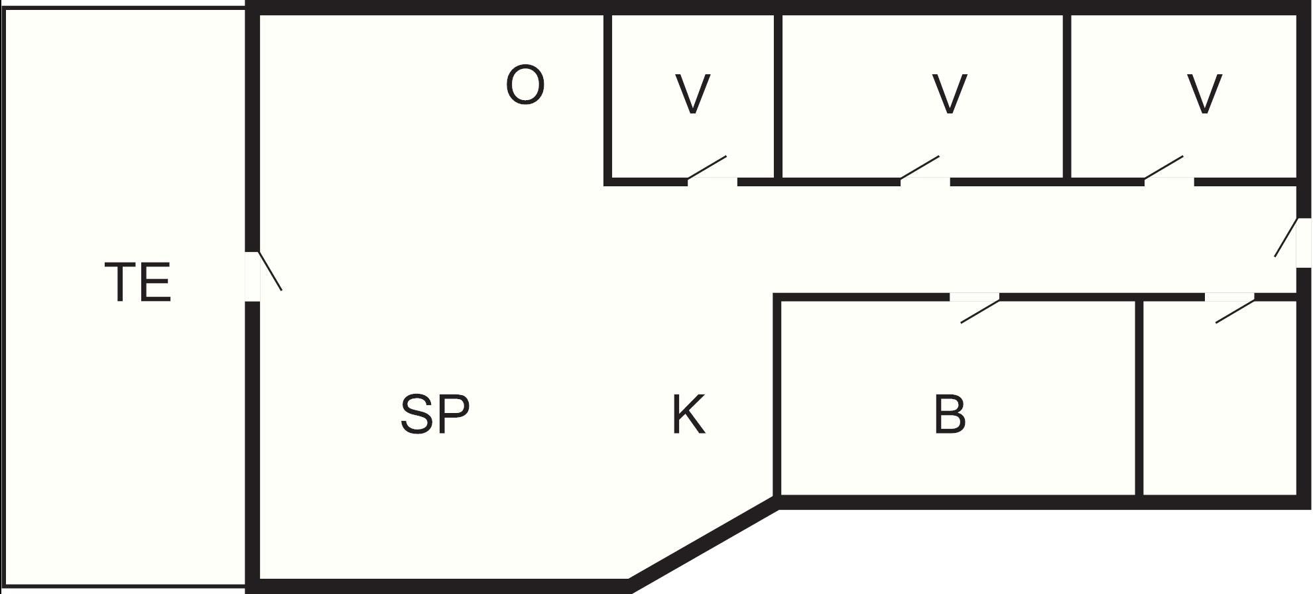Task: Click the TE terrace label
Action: [138, 282]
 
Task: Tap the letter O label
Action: [525, 85]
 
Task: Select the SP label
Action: [435, 414]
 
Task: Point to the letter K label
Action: [689, 414]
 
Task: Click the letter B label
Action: [950, 414]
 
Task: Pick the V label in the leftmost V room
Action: [692, 93]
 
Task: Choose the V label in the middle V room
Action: [949, 93]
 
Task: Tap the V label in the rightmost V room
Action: [1204, 93]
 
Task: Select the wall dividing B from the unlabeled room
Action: [1139, 398]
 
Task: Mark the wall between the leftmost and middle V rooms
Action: [779, 96]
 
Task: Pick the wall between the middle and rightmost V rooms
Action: [1068, 96]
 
